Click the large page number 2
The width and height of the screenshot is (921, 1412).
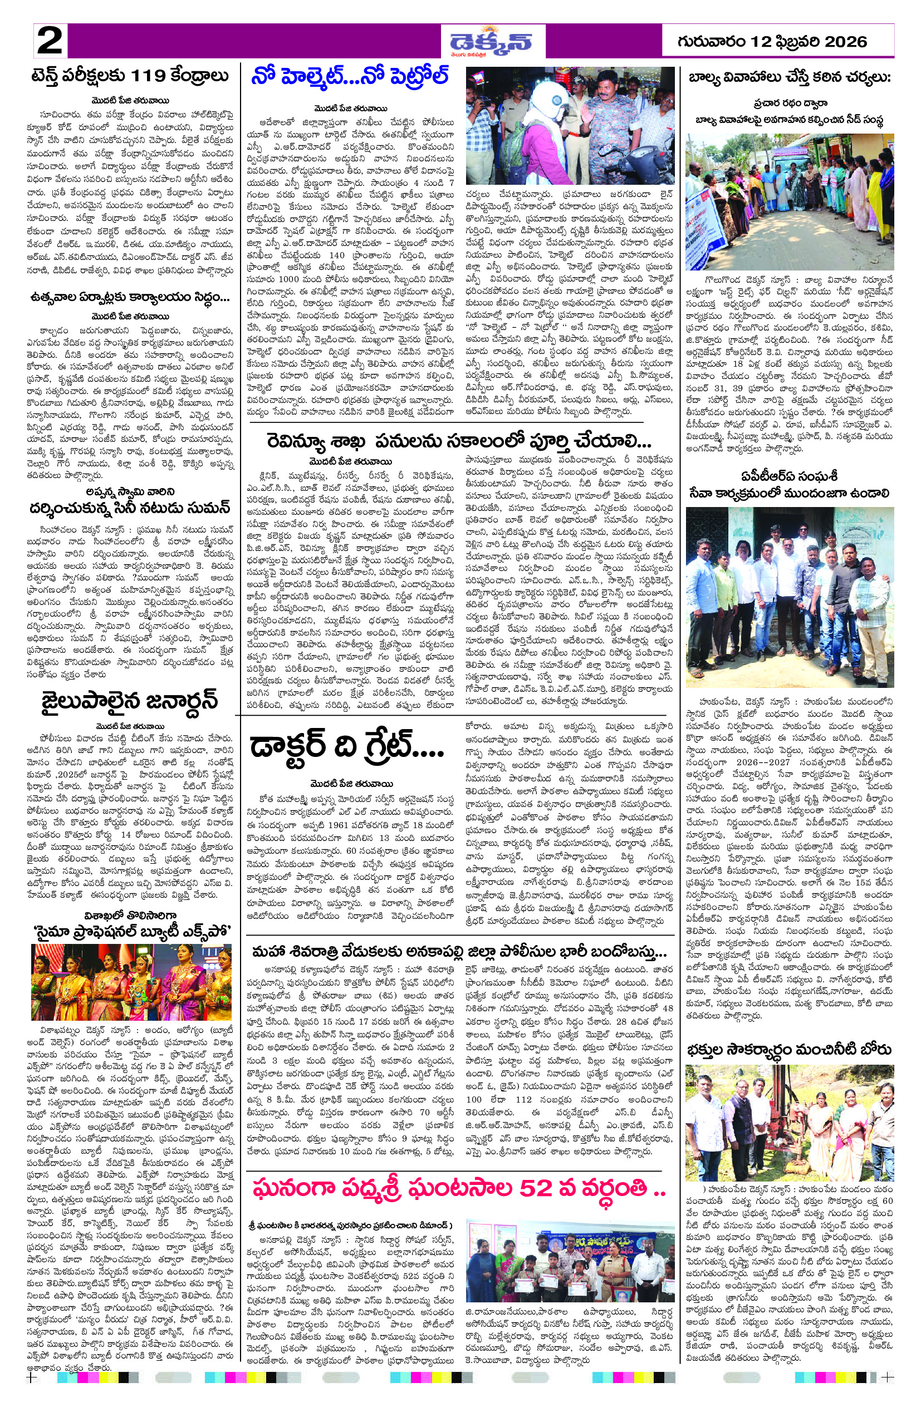pyautogui.click(x=49, y=41)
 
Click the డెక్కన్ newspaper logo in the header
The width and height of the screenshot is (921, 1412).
pyautogui.click(x=490, y=42)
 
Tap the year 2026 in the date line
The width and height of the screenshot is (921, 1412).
pyautogui.click(x=845, y=42)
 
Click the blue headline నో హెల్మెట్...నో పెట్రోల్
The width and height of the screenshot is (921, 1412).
pyautogui.click(x=350, y=77)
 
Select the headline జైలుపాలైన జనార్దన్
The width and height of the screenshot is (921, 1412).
pyautogui.click(x=129, y=701)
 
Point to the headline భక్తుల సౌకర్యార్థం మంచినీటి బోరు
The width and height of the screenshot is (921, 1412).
pyautogui.click(x=788, y=1050)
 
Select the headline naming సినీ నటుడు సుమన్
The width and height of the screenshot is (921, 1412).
pyautogui.click(x=129, y=509)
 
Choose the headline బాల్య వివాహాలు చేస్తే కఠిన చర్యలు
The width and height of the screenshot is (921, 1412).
pyautogui.click(x=789, y=77)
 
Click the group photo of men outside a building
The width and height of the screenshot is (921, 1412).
pyautogui.click(x=789, y=596)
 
